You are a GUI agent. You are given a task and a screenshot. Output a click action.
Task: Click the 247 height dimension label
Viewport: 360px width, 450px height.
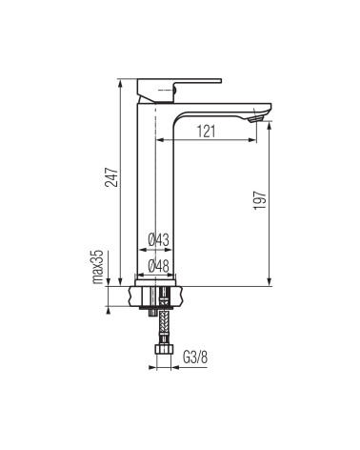[x=111, y=176]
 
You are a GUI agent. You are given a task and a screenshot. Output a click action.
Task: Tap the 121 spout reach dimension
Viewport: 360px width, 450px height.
[x=207, y=132]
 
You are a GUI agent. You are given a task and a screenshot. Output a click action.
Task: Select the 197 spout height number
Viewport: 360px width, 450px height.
[x=259, y=199]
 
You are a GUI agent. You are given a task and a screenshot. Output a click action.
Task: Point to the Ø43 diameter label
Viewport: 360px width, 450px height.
[x=159, y=240]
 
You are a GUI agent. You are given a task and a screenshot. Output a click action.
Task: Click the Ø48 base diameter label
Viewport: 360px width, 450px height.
[x=159, y=266]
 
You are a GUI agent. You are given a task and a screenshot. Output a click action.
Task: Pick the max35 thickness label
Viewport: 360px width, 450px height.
[x=98, y=266]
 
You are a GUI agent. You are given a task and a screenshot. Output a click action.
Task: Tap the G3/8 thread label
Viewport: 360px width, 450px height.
[x=195, y=358]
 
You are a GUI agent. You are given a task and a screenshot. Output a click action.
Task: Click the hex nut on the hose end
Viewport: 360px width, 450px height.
[x=164, y=350]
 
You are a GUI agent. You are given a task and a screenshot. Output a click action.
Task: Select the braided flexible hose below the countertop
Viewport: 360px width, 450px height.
[x=164, y=326]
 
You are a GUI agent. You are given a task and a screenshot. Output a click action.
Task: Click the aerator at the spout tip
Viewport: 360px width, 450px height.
[x=256, y=119]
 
